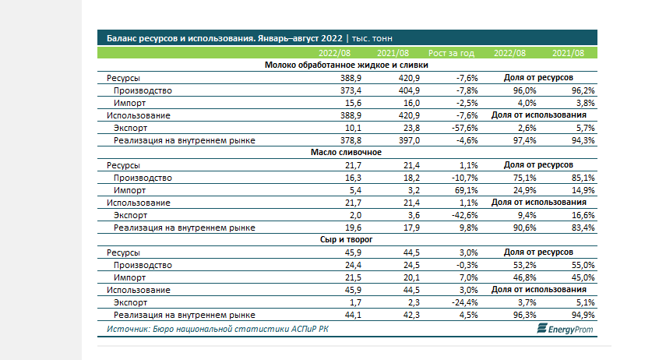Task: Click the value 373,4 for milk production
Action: point(351,90)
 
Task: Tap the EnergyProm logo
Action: point(565,329)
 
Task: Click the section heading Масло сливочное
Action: point(346,152)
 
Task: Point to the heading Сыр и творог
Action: point(346,239)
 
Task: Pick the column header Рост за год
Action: point(451,53)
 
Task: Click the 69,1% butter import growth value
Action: point(467,190)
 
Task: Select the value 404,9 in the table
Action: point(409,90)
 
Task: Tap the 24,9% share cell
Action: point(524,190)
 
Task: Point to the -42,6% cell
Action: point(465,215)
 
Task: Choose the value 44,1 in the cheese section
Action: point(353,315)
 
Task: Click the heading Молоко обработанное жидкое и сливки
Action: point(346,65)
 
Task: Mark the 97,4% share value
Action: point(524,140)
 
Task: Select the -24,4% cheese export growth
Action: point(465,302)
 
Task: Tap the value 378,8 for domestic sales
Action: point(351,140)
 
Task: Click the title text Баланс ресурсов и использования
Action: point(181,38)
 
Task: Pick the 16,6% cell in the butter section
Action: point(583,215)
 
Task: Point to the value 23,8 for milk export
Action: point(411,128)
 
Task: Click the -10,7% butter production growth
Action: point(465,178)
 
